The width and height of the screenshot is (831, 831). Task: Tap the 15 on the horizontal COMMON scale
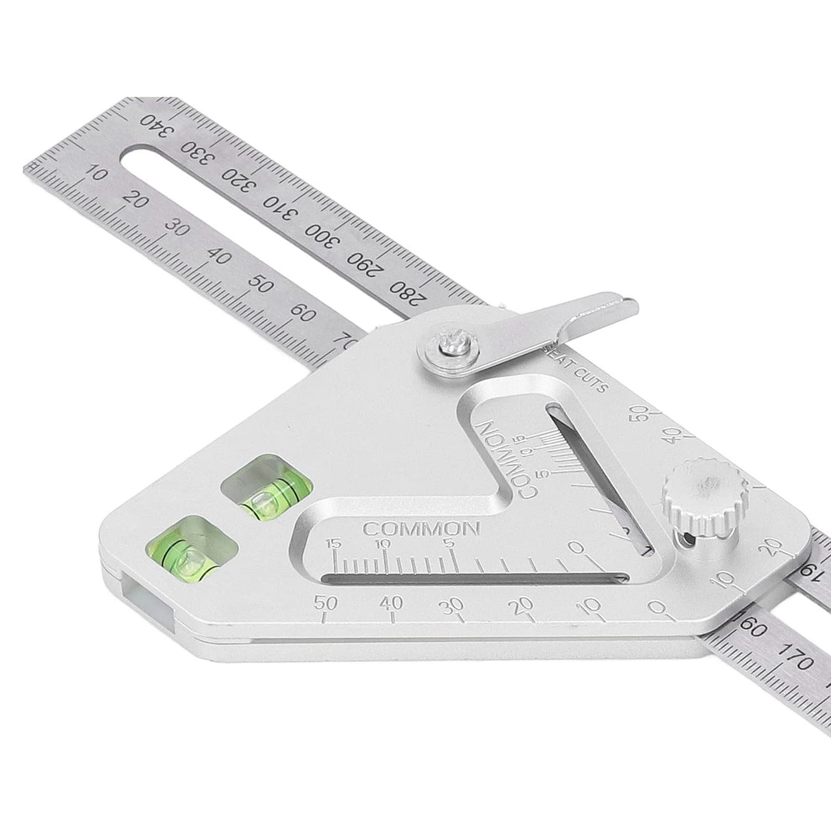[334, 543]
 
